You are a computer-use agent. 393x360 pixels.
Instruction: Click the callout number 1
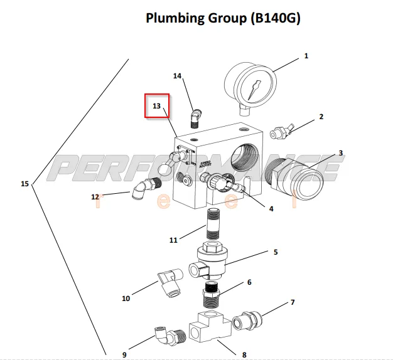click(x=306, y=56)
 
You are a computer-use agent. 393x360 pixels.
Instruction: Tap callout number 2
click(x=321, y=117)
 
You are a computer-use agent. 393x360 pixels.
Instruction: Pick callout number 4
click(x=271, y=209)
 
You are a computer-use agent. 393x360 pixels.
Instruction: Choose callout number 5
click(x=275, y=252)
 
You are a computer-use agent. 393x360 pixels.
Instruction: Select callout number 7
click(x=293, y=302)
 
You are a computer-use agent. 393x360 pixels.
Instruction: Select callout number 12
click(x=95, y=197)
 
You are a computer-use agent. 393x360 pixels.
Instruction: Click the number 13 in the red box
click(x=157, y=106)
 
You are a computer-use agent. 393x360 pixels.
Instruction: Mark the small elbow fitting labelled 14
click(x=195, y=117)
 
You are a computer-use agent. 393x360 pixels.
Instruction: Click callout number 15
click(x=24, y=184)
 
